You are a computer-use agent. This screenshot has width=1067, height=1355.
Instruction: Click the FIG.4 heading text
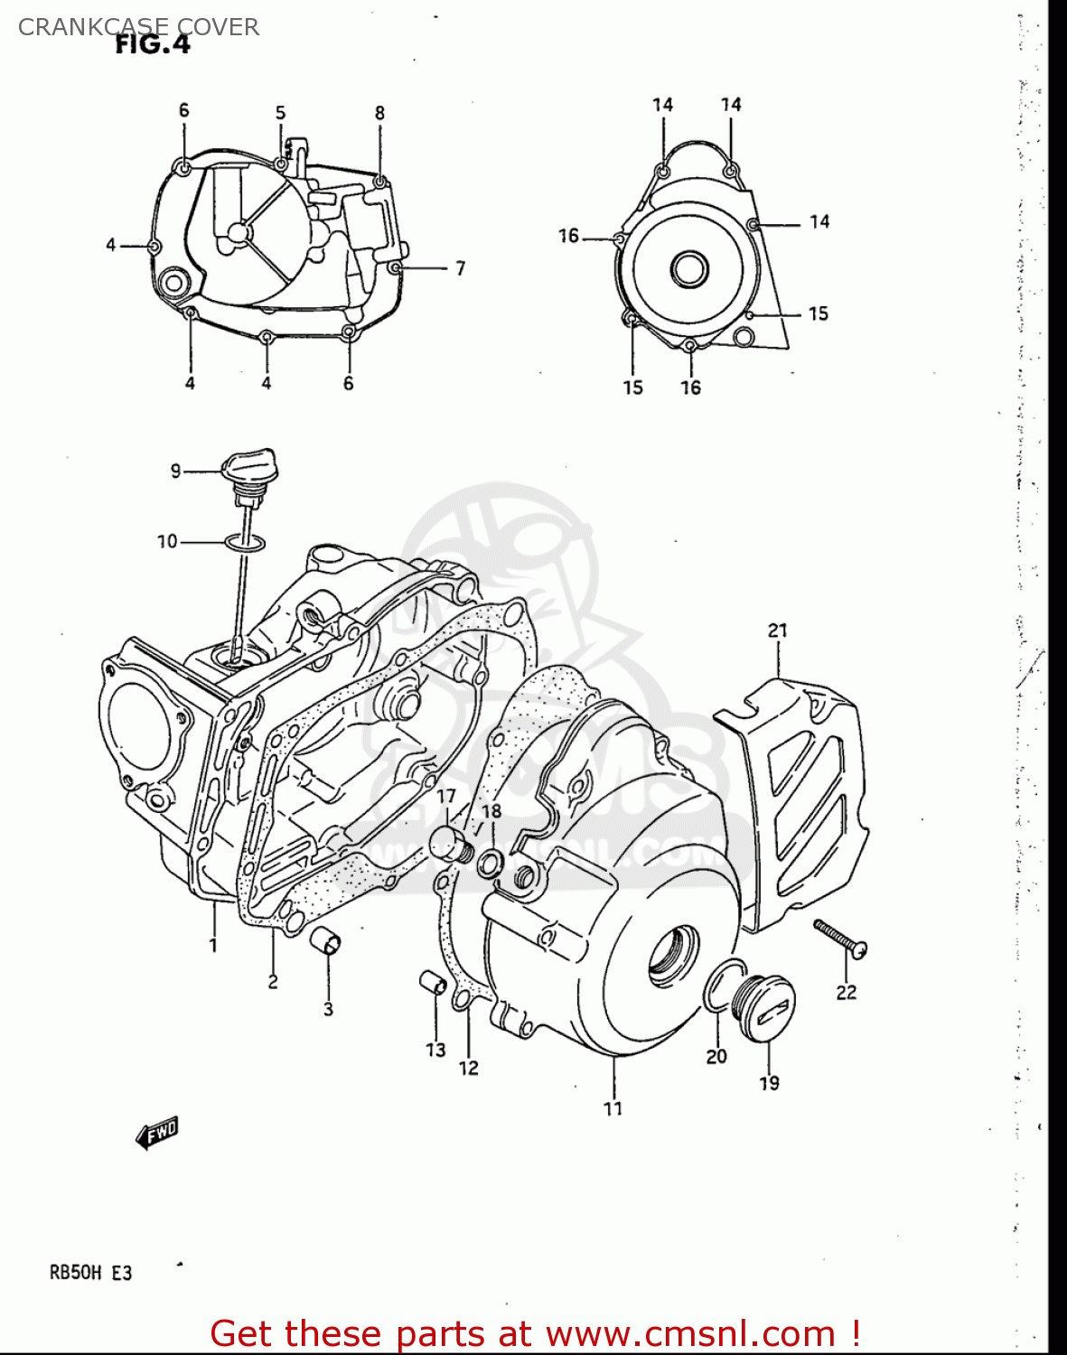[153, 44]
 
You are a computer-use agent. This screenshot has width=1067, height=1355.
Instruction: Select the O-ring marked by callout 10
[245, 542]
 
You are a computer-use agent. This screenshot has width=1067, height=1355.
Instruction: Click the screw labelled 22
[840, 938]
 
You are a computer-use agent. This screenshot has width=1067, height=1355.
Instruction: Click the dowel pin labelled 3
[326, 941]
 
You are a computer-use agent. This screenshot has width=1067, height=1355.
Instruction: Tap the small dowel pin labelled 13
[433, 981]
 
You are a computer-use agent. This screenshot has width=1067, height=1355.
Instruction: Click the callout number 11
[613, 1108]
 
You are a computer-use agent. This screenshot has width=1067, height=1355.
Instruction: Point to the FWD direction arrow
[157, 1133]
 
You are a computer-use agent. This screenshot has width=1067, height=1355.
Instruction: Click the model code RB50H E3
[90, 1273]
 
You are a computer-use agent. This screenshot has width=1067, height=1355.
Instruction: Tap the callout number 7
[460, 268]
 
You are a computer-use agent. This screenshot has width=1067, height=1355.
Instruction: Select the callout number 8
[379, 113]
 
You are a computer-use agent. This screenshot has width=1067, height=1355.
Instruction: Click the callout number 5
[280, 113]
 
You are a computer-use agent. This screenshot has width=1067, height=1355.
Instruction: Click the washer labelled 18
[490, 862]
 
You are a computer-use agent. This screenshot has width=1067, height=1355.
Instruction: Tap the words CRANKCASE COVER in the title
[138, 27]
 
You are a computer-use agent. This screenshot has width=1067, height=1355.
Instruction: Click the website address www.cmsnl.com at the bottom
[690, 1333]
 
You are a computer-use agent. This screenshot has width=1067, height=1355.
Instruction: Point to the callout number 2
[273, 981]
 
